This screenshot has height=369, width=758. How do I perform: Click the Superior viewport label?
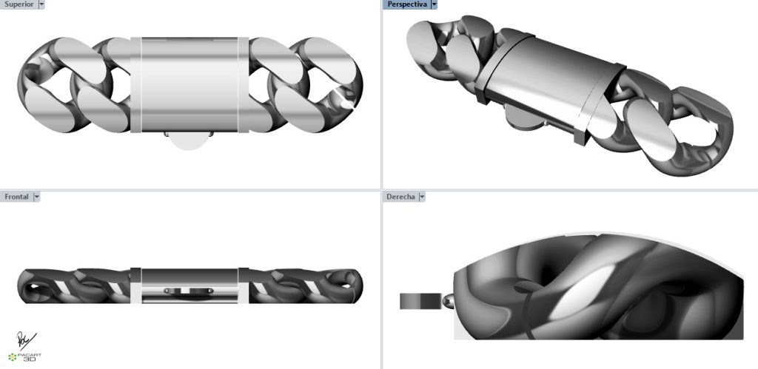pyautogui.click(x=18, y=4)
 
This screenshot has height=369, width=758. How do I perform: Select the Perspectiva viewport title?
pyautogui.click(x=406, y=4)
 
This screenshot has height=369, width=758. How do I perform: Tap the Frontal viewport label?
pyautogui.click(x=16, y=197)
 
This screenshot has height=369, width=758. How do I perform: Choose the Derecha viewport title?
pyautogui.click(x=400, y=197)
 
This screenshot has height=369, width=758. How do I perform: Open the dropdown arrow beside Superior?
pyautogui.click(x=41, y=4)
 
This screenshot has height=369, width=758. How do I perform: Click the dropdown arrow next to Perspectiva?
pyautogui.click(x=434, y=4)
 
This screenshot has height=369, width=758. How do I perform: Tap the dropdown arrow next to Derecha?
pyautogui.click(x=422, y=197)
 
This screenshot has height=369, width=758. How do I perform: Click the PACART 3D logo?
pyautogui.click(x=30, y=357)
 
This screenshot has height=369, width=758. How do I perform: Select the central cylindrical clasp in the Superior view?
pyautogui.click(x=189, y=84)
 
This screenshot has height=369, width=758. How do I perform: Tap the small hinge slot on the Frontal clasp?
pyautogui.click(x=189, y=291)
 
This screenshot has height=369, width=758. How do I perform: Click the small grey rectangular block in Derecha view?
pyautogui.click(x=419, y=301)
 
